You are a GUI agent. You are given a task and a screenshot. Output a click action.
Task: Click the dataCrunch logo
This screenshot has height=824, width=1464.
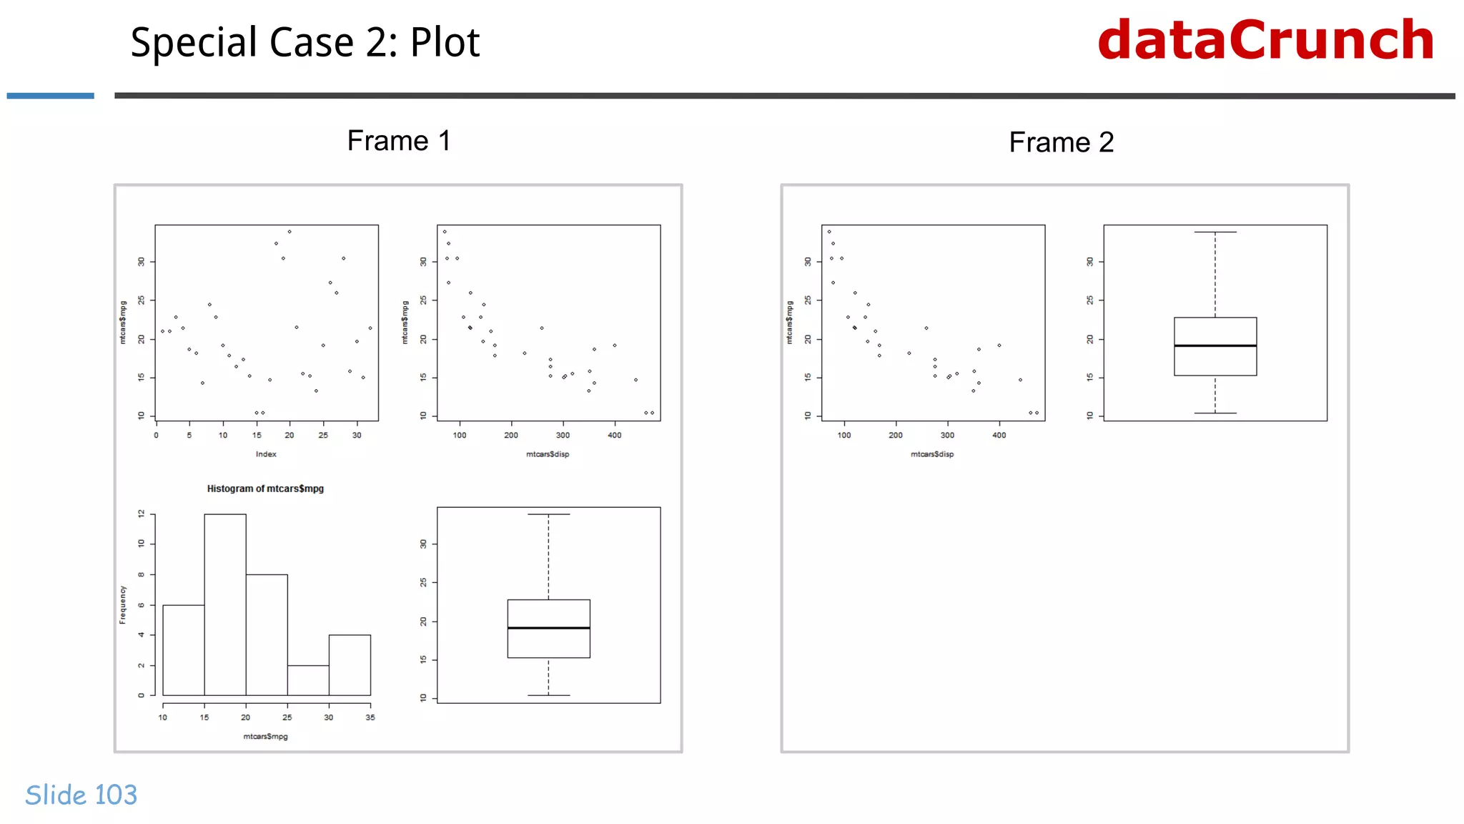[x=1265, y=41]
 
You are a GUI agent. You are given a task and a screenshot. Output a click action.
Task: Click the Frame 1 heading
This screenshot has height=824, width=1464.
[x=398, y=141]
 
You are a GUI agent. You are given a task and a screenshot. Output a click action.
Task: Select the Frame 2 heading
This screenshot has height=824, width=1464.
[x=1061, y=142]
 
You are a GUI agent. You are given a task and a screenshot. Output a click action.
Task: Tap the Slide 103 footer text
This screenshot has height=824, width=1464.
[x=81, y=795]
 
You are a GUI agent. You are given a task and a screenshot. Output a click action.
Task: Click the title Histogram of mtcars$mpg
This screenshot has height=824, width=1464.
[x=265, y=489]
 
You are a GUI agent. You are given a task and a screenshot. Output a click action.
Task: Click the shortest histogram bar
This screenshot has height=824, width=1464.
[x=308, y=680]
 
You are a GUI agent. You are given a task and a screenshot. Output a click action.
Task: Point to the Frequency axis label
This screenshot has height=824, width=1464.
[x=122, y=604]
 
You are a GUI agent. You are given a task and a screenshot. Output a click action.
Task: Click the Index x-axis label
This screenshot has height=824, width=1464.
[x=266, y=454]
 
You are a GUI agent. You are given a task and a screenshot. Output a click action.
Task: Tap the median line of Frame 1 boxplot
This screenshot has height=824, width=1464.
[x=548, y=628]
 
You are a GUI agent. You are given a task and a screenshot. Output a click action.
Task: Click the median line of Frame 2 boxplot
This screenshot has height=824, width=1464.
[x=1215, y=346]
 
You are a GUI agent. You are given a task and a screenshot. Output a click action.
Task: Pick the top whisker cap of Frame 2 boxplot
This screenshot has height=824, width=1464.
[x=1215, y=232]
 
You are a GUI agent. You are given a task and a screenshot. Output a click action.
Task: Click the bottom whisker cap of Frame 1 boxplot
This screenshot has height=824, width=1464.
[x=548, y=695]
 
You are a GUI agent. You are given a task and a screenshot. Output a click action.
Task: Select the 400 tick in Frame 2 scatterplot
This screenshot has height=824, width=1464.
[x=999, y=435]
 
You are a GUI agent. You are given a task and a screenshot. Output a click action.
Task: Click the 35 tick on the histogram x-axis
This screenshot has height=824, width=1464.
[x=370, y=717]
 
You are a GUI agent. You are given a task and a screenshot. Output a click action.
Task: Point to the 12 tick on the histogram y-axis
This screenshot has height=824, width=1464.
[x=142, y=514]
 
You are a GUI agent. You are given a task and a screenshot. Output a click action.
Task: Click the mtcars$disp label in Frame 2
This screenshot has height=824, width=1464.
[x=931, y=454]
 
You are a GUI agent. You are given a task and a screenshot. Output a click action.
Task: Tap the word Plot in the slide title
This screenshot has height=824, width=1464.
[x=445, y=43]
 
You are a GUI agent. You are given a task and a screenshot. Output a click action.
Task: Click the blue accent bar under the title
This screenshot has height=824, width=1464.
[x=50, y=96]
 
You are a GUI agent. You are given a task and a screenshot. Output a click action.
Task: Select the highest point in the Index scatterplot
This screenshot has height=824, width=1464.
[x=290, y=232]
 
